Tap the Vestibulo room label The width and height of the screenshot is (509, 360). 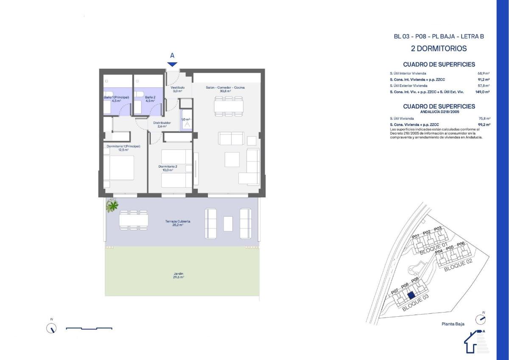click(177, 89)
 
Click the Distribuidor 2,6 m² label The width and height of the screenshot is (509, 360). click(162, 124)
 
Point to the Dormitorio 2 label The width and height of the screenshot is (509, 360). click(168, 168)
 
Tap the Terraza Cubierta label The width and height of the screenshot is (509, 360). click(177, 223)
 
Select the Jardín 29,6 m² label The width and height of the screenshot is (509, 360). click(178, 275)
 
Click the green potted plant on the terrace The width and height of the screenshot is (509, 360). click(112, 206)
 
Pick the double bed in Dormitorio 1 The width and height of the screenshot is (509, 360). click(119, 168)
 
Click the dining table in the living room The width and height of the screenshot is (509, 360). click(229, 106)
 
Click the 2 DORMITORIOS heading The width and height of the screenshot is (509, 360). click(439, 49)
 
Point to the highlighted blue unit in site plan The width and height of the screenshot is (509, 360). click(410, 296)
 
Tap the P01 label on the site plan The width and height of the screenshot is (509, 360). click(416, 236)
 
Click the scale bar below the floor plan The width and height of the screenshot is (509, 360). click(89, 328)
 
